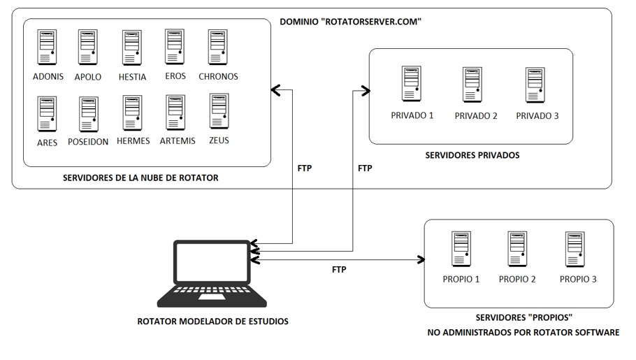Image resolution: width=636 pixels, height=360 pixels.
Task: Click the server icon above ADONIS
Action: pos(48,47)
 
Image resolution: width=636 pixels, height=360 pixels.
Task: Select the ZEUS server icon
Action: pos(219,110)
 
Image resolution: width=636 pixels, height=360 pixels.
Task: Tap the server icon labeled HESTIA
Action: pos(132,47)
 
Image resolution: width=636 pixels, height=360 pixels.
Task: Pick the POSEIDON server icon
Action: pos(89,114)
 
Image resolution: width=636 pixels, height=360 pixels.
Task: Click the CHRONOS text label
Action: pos(218,76)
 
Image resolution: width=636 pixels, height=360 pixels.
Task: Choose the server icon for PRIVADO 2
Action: pos(474,85)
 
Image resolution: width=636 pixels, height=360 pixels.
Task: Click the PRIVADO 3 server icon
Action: pos(535,85)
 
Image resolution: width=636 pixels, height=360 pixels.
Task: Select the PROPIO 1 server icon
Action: pos(461,250)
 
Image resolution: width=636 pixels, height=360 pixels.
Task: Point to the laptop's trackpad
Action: pos(212,298)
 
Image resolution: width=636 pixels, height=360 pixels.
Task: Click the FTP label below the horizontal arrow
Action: pos(340,270)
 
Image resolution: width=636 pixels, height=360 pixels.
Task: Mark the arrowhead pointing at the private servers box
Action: pos(364,89)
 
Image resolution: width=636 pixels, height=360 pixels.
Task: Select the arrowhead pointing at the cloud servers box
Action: pos(275,89)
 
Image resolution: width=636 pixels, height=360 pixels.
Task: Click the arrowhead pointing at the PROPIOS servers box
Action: pos(421,260)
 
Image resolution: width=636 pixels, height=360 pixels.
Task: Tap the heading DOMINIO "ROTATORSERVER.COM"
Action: pos(350,22)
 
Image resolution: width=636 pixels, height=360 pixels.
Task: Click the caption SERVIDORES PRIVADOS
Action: pos(472,155)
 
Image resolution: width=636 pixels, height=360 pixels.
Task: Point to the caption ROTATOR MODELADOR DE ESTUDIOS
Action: pos(212,322)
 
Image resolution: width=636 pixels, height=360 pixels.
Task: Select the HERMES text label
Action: pos(133,141)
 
